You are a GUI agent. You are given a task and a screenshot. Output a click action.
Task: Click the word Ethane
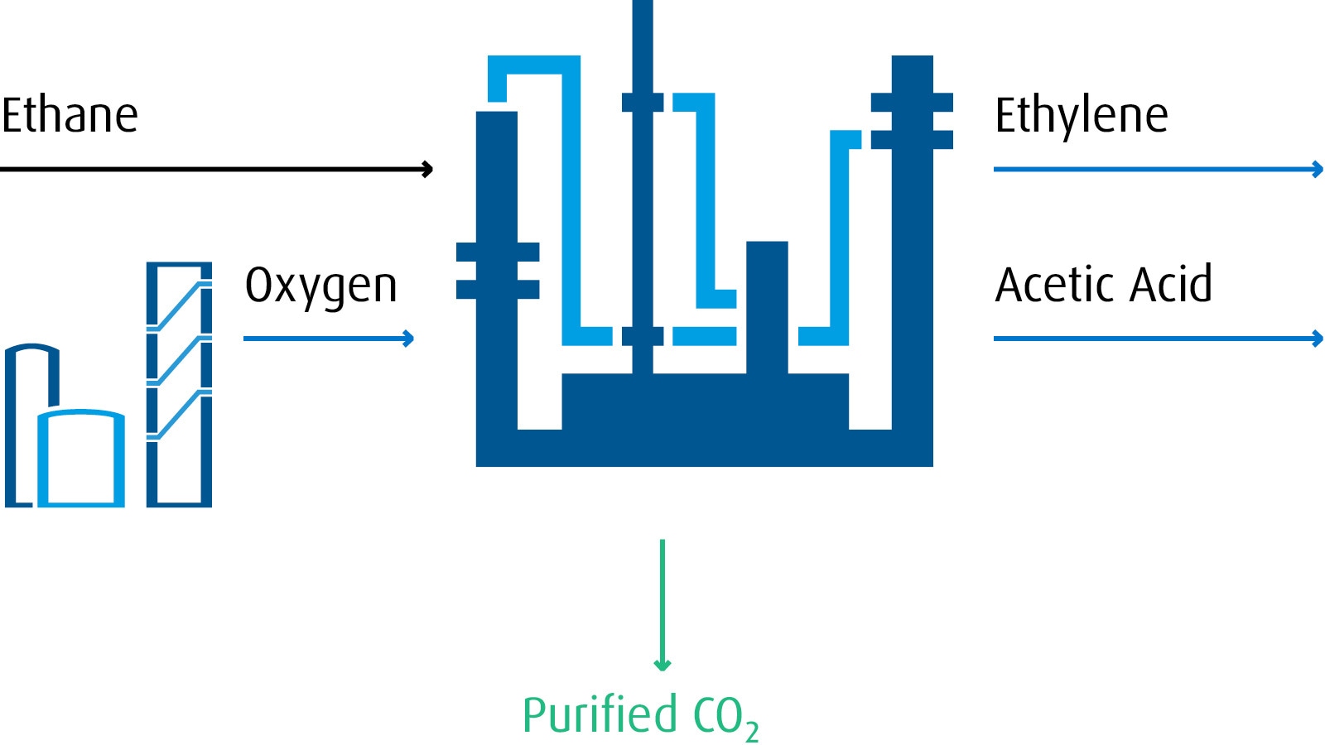(x=70, y=115)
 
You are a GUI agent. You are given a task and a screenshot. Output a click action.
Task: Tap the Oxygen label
(x=321, y=286)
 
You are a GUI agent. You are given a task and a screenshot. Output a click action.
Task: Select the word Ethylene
(x=1081, y=115)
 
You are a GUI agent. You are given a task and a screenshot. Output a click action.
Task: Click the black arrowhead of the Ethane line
(x=427, y=170)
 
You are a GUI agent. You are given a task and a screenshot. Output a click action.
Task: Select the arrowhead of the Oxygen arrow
(x=408, y=339)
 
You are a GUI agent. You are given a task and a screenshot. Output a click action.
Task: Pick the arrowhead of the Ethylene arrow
(x=1318, y=170)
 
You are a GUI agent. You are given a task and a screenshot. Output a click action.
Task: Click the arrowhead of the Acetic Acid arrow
(x=1318, y=339)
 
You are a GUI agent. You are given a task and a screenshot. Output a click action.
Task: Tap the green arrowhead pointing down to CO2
(x=662, y=664)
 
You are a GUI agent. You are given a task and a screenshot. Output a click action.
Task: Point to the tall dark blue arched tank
(x=20, y=422)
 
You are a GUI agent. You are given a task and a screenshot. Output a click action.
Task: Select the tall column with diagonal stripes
(x=179, y=384)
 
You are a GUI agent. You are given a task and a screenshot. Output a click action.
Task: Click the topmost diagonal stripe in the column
(x=179, y=306)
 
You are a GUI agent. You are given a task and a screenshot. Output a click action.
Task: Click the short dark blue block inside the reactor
(x=767, y=307)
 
